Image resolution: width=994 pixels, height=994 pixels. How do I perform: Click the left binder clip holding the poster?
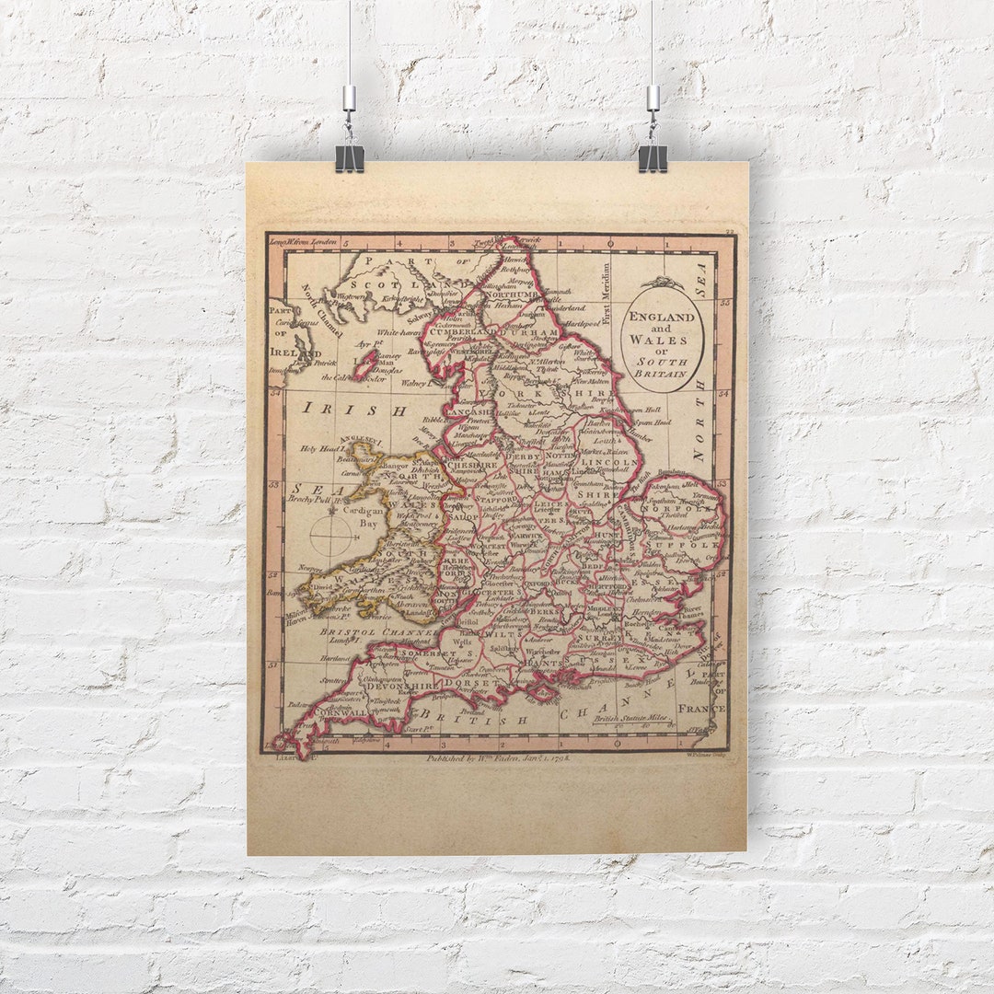pos(349,156)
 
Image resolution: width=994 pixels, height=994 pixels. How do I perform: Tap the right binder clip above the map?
pos(653,156)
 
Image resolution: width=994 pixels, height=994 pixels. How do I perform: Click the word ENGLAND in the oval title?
pos(662,317)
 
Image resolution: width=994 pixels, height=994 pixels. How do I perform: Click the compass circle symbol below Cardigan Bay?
pos(332,536)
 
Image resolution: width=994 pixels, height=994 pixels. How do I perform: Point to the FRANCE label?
pos(701,709)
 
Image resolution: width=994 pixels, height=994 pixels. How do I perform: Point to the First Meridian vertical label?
pos(606,294)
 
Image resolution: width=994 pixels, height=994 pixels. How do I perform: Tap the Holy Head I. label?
pos(319,449)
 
